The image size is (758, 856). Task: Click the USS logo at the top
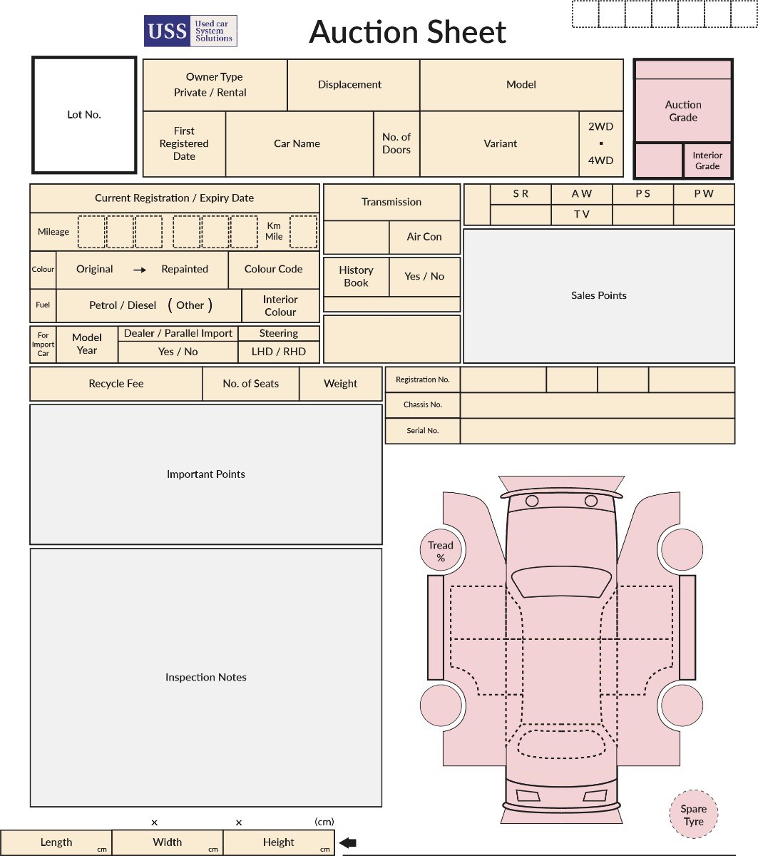coord(190,31)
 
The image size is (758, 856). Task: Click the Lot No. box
coord(84,115)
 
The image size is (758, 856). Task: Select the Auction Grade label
coord(683,111)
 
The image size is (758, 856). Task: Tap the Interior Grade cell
coord(707,160)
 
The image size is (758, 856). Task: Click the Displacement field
coord(349,84)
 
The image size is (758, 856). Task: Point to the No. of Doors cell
coord(396,143)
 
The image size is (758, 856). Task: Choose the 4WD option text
coord(600,160)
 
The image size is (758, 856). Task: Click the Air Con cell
coord(424,237)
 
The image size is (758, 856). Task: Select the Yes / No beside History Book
coord(424,276)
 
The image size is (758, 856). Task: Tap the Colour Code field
coord(273,269)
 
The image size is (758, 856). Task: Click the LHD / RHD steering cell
coord(278,352)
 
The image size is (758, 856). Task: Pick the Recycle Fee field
coord(116,384)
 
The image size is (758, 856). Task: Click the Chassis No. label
coord(422,404)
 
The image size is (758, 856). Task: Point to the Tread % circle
coord(441,551)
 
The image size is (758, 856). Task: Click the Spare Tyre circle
coord(693,815)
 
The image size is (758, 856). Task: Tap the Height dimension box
coord(278,842)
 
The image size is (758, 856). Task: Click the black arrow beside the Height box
coord(348,842)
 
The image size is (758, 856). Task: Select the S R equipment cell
coord(521,194)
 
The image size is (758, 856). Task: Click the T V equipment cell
coord(581,214)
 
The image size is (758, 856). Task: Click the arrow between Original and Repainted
coord(140,270)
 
